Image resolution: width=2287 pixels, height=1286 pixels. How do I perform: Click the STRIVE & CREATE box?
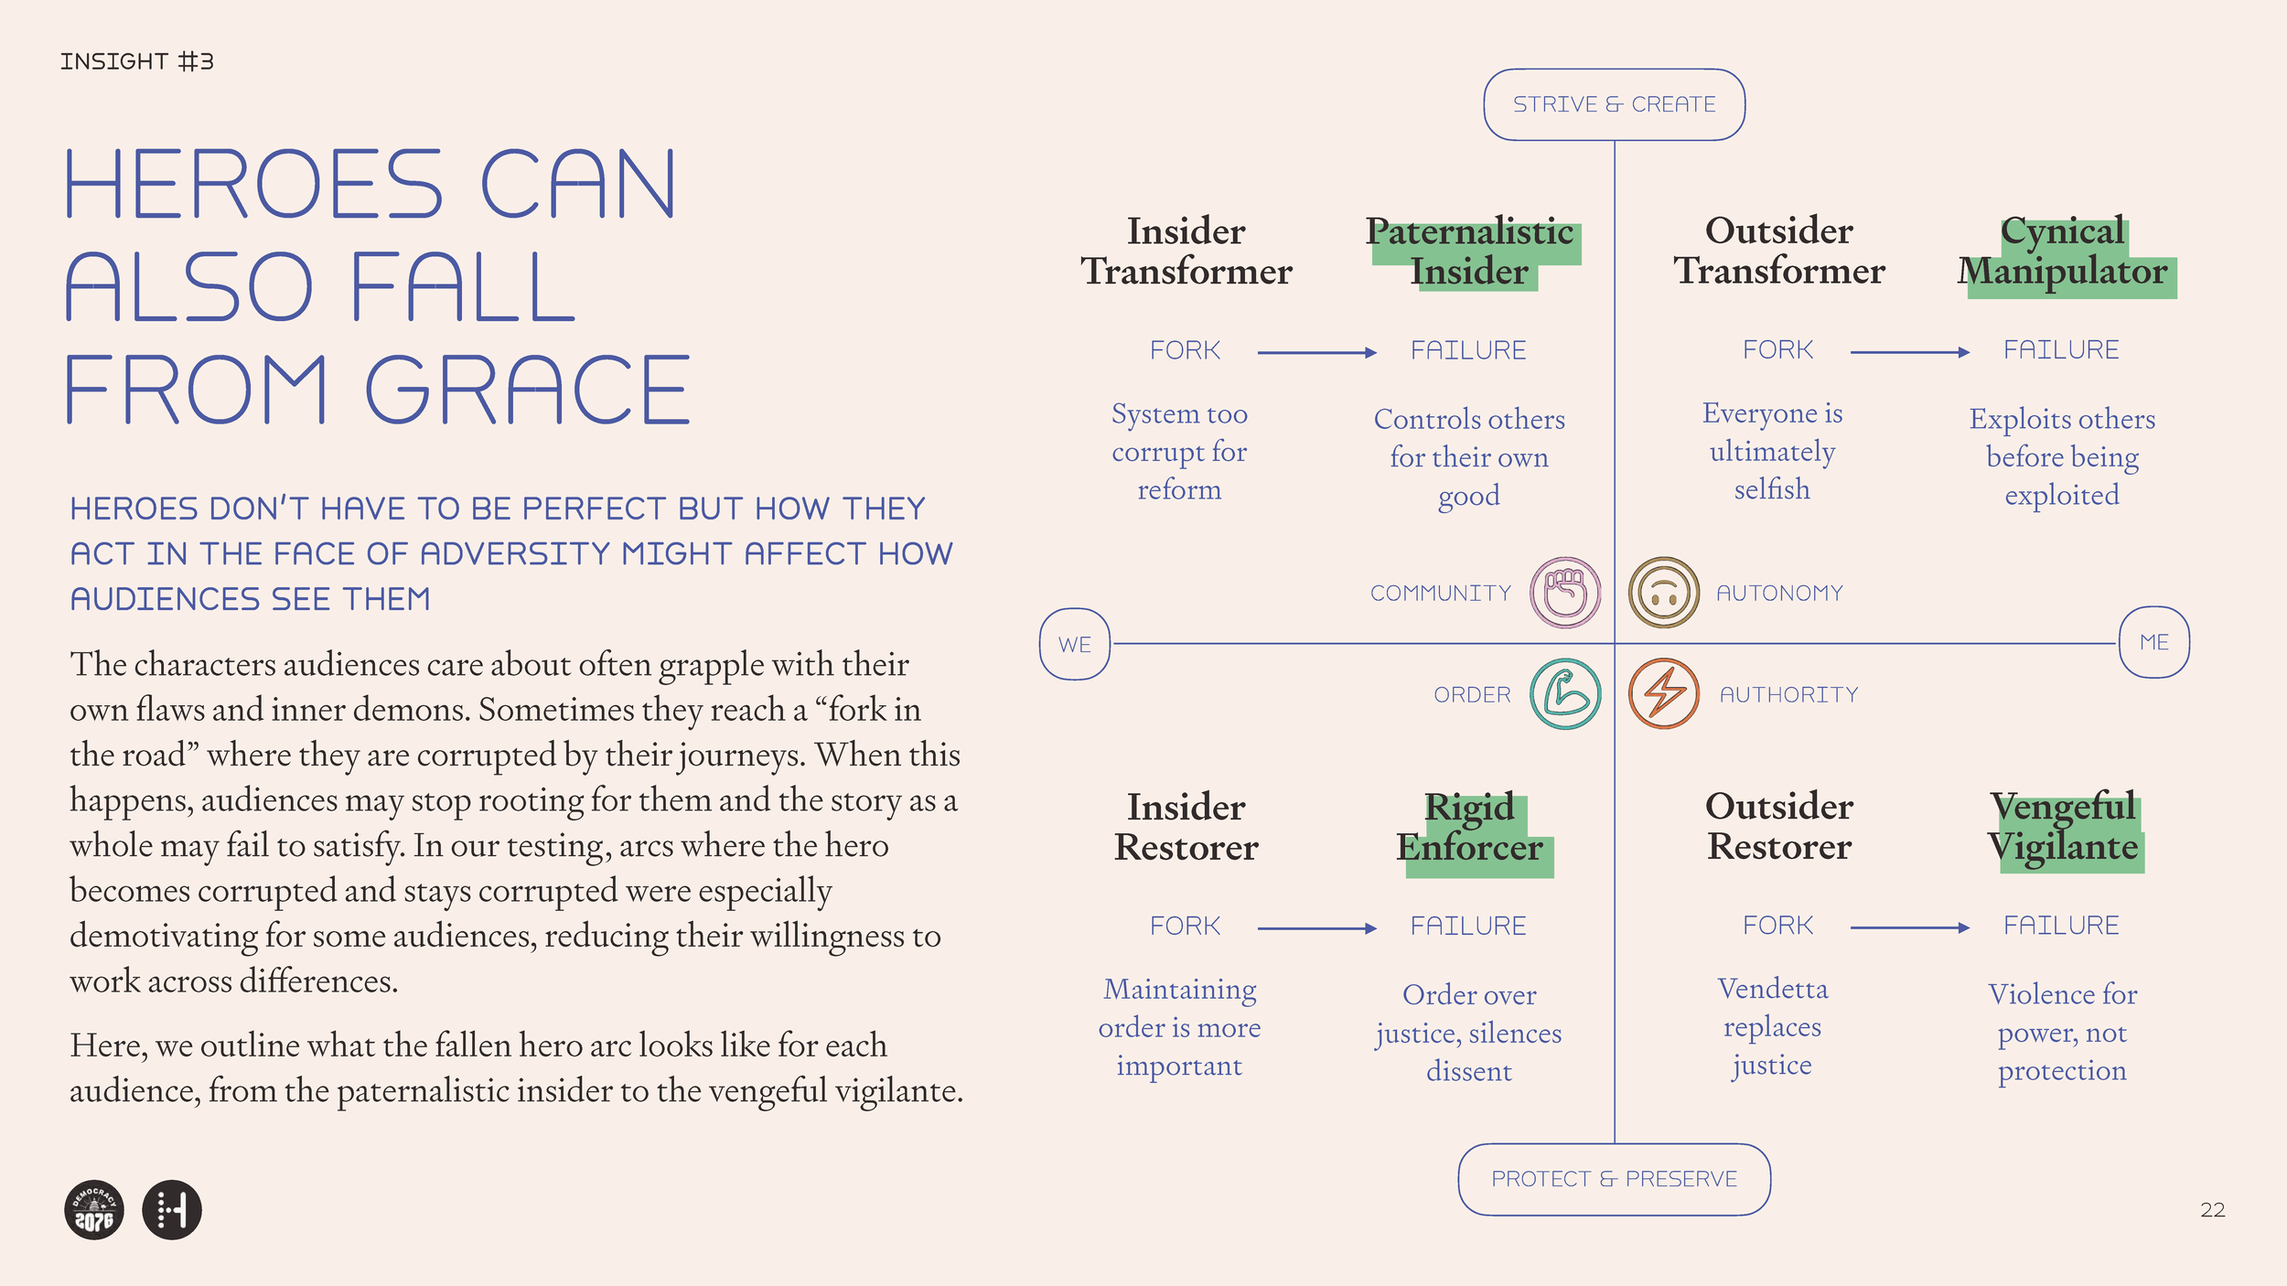point(1614,104)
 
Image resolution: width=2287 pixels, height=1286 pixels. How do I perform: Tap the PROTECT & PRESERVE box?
point(1614,1179)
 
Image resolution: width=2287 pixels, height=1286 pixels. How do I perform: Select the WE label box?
point(1075,644)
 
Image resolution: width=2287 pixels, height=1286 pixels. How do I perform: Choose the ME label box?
point(2154,642)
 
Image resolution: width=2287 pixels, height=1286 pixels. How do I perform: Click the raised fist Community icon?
point(1565,593)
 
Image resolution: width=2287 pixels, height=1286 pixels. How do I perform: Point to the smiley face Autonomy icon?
point(1664,593)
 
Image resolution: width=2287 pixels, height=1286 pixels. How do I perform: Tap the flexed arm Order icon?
point(1565,694)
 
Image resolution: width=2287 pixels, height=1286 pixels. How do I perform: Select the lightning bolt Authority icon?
point(1664,694)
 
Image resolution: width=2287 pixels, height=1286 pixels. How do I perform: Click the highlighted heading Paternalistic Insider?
point(1470,252)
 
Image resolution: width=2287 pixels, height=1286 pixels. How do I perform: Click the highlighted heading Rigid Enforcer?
point(1470,828)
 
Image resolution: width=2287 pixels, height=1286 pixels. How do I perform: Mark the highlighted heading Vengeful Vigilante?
point(2063,828)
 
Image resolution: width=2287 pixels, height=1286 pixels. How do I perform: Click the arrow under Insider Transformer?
point(1316,352)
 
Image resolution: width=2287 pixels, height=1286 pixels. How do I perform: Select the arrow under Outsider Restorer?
point(1909,927)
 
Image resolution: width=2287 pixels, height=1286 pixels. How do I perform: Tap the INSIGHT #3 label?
point(137,61)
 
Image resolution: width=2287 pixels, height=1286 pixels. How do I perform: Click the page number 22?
point(2212,1210)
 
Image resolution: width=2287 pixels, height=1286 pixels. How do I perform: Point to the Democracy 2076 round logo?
point(94,1210)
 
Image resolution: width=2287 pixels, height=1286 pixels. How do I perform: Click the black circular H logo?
point(172,1210)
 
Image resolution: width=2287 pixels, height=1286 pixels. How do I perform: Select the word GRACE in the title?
point(528,391)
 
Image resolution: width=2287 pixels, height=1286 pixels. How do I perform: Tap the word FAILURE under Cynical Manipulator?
point(2061,350)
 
